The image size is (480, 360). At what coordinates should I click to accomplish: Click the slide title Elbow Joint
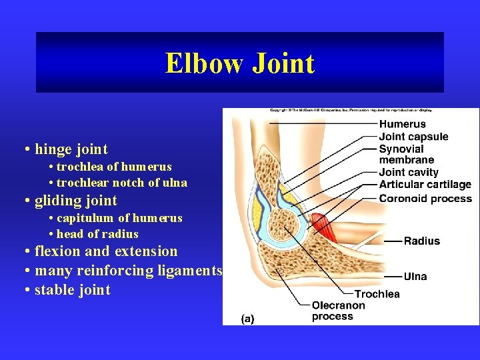pos(240,63)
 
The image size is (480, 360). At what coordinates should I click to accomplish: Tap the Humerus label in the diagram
pos(402,124)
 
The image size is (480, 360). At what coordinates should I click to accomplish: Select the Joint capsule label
pos(413,137)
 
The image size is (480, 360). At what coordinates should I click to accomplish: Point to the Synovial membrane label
pos(406,154)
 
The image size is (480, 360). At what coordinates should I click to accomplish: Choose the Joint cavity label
pos(409,173)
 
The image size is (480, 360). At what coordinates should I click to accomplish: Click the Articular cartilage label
pos(425,185)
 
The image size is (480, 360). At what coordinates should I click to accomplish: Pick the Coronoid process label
pos(425,198)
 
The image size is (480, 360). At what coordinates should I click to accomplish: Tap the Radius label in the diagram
pos(421,241)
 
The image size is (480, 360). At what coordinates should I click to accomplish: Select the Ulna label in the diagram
pos(415,276)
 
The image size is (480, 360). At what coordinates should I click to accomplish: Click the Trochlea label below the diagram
pos(377,294)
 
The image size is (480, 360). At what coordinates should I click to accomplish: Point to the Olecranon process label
pos(338,311)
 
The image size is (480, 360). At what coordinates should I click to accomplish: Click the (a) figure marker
pos(247,319)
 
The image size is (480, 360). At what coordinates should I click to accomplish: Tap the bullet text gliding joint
pos(75,201)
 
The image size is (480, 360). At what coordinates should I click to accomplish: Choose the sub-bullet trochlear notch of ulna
pos(121,183)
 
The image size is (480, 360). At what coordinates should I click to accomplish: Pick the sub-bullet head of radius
pos(97,234)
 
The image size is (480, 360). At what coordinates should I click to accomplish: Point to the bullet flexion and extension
pos(106,251)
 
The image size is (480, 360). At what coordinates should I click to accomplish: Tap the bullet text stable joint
pos(72,290)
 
